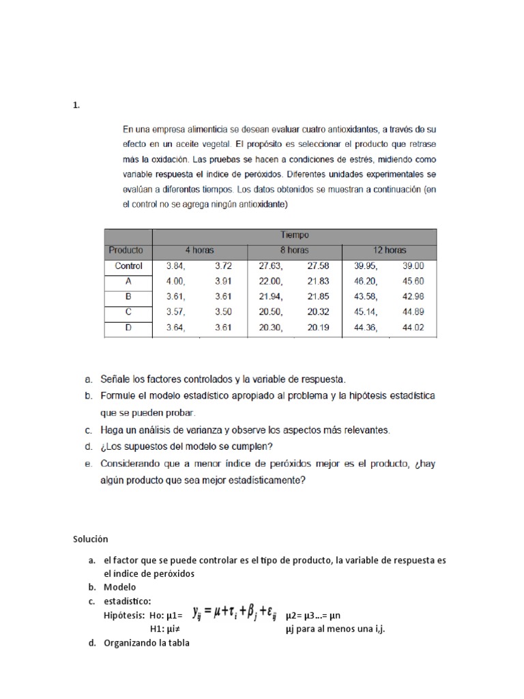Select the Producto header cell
coord(128,250)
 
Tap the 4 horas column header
coord(199,250)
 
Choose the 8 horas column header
coord(294,250)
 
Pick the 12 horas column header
coord(389,250)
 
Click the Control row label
coord(128,266)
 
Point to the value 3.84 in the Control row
coord(177,266)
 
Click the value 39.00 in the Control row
coord(412,266)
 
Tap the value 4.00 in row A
coord(176,281)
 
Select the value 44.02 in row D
coord(412,328)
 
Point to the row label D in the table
coord(128,328)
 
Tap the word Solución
coord(91,539)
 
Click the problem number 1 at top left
coord(76,105)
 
